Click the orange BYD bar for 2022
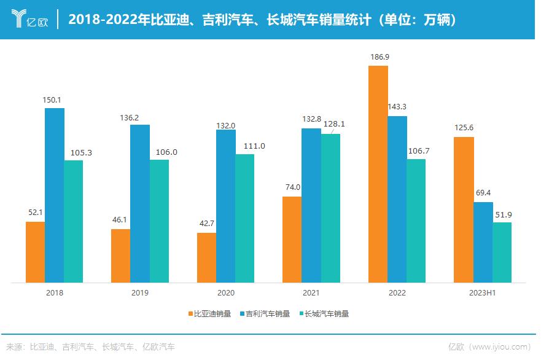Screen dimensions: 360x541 point(378,174)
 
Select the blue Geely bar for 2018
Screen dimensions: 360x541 point(55,195)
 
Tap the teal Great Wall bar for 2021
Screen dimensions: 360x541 point(330,208)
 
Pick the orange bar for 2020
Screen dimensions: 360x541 point(206,257)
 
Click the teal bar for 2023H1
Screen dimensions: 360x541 point(502,252)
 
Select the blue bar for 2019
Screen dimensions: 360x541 point(140,203)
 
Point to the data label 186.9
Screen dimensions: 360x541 point(379,57)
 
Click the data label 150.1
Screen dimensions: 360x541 point(55,100)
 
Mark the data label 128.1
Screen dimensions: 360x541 point(334,123)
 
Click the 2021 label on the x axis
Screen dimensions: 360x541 point(311,293)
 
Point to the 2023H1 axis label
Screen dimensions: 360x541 point(483,293)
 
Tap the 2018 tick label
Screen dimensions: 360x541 point(55,293)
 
